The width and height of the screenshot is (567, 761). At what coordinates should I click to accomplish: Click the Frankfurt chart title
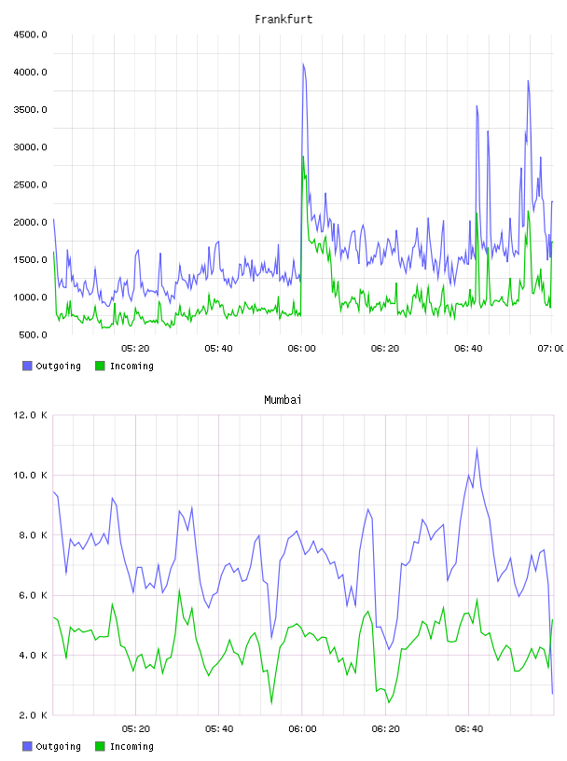click(283, 20)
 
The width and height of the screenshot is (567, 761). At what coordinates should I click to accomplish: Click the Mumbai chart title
click(283, 400)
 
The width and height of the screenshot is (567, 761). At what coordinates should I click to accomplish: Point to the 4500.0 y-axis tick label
click(30, 35)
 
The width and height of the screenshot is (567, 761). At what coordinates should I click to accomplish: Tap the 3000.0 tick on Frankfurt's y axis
click(30, 147)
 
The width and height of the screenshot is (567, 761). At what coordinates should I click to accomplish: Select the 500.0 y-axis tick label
click(33, 335)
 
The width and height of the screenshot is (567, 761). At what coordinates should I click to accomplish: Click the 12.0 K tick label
click(30, 415)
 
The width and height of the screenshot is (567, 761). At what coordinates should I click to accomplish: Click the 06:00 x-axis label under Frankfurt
click(301, 349)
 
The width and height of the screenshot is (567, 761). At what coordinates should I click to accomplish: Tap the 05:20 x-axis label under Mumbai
click(135, 729)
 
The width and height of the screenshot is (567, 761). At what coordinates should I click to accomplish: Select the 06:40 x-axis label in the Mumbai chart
click(469, 729)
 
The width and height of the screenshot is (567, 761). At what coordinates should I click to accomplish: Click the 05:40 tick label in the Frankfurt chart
click(218, 349)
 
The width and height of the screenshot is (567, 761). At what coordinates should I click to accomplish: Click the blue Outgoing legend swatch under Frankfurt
click(27, 366)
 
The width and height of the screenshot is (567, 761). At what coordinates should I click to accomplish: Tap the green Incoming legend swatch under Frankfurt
click(100, 366)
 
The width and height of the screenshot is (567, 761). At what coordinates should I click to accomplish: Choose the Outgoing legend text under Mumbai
click(58, 746)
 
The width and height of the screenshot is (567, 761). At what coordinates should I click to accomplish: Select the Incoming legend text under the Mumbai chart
click(131, 746)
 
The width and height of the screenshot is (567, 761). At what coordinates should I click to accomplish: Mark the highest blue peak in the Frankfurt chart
click(303, 63)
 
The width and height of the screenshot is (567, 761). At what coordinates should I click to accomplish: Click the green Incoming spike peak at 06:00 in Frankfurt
click(303, 157)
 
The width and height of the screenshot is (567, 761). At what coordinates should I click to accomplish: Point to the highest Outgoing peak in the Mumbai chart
click(477, 449)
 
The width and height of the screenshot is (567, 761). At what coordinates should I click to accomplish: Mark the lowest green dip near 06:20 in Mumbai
click(389, 702)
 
